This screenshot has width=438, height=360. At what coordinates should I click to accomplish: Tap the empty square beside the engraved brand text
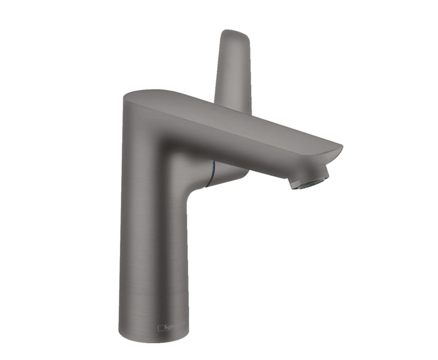pos(161,327)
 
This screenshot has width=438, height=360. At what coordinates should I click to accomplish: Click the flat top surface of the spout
pos(229,117)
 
